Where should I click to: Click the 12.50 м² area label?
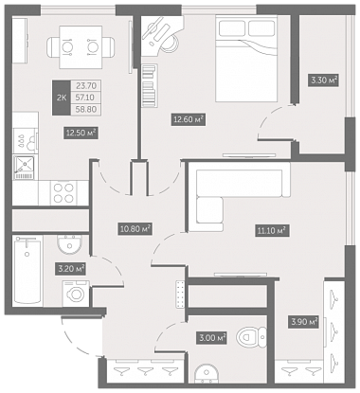coord(81,133)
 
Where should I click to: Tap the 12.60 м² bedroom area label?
coord(189,119)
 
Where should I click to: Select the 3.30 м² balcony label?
coord(324,80)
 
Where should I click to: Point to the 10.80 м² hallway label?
coord(135,228)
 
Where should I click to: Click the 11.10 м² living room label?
coord(272,231)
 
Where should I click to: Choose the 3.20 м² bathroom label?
coord(71,269)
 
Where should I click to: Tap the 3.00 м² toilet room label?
coord(211,338)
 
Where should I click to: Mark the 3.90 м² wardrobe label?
coord(303,322)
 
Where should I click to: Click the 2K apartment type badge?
coord(62,98)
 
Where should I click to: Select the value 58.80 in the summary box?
coord(85,110)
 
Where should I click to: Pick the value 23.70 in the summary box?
coord(85,85)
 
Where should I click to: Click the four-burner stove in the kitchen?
coord(63,193)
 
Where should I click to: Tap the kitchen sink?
coord(24,167)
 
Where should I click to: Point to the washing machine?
coord(76,294)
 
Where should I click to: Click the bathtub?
coord(27,271)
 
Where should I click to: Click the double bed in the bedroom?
coord(246,59)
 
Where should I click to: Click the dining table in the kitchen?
coord(81,47)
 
